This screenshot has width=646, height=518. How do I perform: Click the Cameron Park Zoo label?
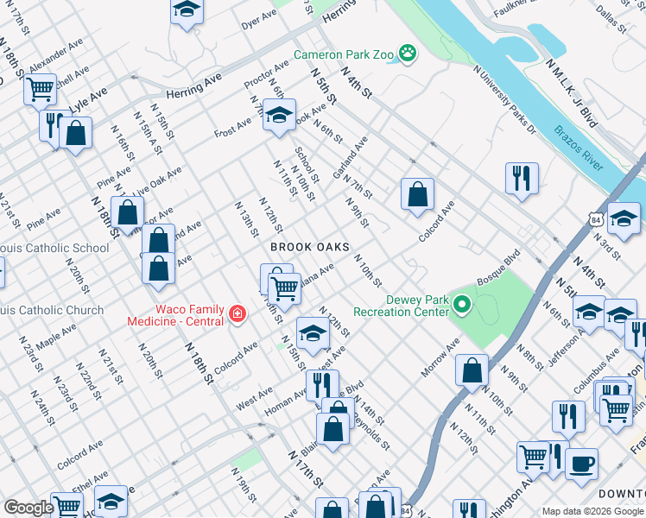point(343,54)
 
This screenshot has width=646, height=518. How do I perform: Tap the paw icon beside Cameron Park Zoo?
point(408,54)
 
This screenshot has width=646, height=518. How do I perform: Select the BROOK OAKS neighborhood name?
point(309,247)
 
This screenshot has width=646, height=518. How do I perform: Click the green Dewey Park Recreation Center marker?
point(462,305)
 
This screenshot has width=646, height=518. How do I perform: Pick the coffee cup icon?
point(581,462)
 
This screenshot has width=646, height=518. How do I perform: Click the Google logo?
point(28,508)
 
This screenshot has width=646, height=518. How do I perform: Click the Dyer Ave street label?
point(259,19)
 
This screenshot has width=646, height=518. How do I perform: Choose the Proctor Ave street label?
point(266,75)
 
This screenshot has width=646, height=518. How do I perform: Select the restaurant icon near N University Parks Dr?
point(522,178)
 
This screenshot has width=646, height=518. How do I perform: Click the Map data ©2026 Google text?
point(592,510)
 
